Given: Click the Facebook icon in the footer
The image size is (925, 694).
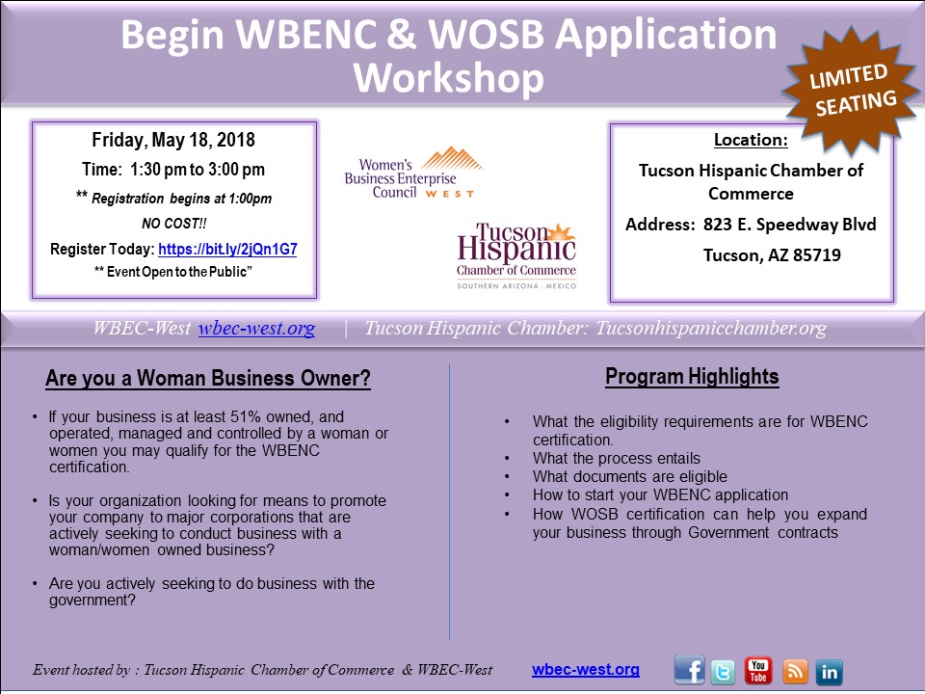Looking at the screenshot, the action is (689, 670).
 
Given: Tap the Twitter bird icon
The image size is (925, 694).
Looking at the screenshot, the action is (724, 672).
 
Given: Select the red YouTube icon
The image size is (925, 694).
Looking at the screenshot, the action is (757, 671).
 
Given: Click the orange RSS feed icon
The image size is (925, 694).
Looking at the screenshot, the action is (795, 672).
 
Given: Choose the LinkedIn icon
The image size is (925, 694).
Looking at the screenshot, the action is (829, 672).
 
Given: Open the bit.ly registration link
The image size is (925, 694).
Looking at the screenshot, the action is (227, 249).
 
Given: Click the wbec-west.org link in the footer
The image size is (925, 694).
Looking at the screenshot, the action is (585, 669).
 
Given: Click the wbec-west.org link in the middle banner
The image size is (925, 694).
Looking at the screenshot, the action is (256, 328).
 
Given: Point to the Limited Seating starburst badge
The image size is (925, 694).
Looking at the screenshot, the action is (851, 90).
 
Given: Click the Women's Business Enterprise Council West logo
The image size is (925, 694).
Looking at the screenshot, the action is (414, 173).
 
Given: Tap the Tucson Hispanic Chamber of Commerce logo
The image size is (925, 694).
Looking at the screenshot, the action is (516, 256).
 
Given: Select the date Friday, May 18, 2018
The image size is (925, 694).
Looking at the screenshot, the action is (173, 140).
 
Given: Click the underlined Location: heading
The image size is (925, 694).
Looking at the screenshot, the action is (751, 140).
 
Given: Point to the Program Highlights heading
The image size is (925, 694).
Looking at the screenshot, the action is (692, 377).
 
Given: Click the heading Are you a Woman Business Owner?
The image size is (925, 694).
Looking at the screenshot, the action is (208, 378).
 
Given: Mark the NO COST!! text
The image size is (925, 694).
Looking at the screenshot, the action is (174, 224).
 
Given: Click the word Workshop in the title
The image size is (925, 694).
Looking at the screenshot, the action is (448, 79).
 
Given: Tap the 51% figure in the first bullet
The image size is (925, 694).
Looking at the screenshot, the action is (246, 416).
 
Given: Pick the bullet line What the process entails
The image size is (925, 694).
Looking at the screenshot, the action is (617, 459).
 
